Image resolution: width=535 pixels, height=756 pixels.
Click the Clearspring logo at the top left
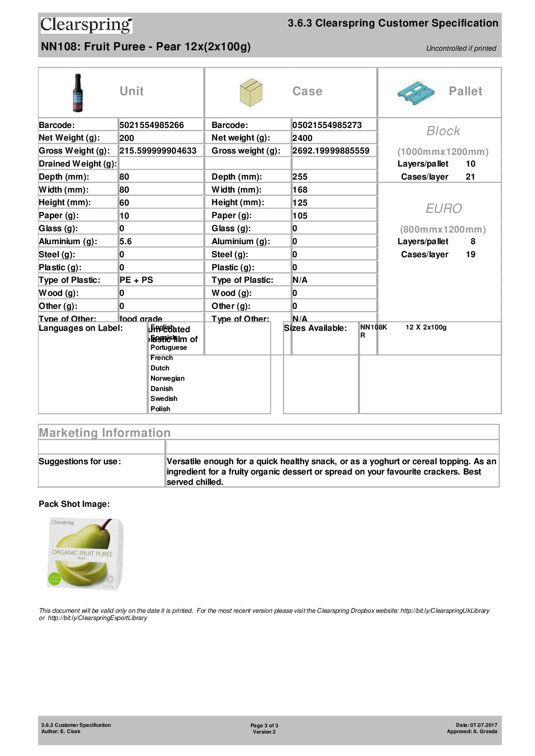[x=86, y=25]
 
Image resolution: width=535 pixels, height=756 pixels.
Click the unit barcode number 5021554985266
[x=152, y=125]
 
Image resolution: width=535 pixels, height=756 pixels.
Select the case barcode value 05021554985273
[x=327, y=125]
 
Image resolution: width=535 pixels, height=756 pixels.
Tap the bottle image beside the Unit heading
[x=78, y=93]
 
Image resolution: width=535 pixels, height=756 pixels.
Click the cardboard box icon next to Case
[x=251, y=92]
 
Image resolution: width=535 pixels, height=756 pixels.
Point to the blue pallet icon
[x=416, y=92]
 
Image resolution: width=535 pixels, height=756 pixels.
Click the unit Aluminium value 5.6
[x=126, y=242]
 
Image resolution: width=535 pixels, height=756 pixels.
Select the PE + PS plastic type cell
[x=136, y=280]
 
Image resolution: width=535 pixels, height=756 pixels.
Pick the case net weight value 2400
[x=302, y=138]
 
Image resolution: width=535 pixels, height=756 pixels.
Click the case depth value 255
[x=300, y=177]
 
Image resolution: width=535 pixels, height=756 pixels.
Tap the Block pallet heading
[x=443, y=131]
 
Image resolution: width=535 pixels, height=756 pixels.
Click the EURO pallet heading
[x=443, y=208]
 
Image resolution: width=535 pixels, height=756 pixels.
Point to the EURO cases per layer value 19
[x=470, y=255]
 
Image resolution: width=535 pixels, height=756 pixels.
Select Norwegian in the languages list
[x=167, y=378]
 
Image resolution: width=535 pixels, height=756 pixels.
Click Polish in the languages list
[x=160, y=409]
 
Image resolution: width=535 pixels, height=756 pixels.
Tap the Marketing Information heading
[x=105, y=433]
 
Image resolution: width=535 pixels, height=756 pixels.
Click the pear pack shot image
[x=85, y=554]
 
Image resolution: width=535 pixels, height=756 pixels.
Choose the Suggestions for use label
[x=80, y=462]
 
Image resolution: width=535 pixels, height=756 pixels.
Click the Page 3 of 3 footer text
[x=264, y=725]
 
